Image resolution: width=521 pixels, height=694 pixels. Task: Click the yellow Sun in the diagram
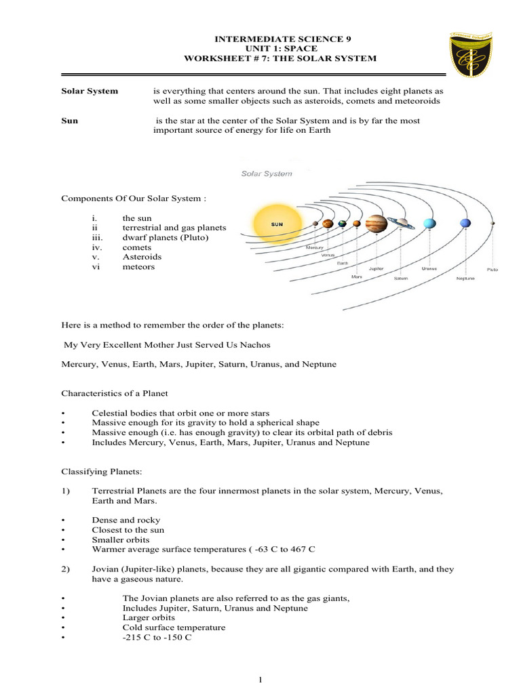[277, 223]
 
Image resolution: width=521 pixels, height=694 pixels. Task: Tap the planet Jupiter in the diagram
[376, 224]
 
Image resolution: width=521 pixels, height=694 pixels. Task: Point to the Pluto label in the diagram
[492, 270]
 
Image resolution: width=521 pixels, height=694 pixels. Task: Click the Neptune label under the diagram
[465, 278]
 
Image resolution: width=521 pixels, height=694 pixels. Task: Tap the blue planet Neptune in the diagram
[465, 222]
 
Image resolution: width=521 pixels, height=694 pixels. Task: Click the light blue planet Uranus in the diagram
[429, 223]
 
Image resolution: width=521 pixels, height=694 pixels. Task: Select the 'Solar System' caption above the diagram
[267, 173]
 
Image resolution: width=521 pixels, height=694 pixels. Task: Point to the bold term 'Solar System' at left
[90, 91]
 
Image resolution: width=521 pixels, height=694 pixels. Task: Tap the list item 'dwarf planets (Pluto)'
[166, 238]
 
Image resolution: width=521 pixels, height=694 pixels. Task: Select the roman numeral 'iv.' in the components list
[96, 247]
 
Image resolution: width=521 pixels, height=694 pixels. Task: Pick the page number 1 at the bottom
[260, 680]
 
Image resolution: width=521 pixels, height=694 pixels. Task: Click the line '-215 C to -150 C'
[157, 638]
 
